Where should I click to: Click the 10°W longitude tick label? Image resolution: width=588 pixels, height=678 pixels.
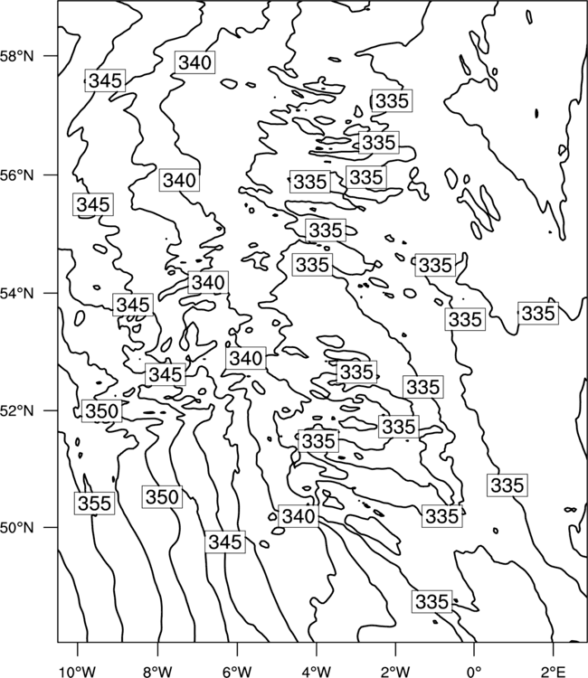(x=78, y=672)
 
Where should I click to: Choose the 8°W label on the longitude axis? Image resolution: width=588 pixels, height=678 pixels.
(x=157, y=672)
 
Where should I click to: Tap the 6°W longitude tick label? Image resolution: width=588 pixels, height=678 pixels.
(x=237, y=672)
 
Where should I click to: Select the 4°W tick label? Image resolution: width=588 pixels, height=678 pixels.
(x=317, y=672)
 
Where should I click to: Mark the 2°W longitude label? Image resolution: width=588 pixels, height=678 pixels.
(x=395, y=672)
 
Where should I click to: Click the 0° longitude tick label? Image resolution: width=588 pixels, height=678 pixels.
(x=474, y=672)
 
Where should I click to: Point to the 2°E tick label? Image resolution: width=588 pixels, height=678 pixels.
(x=554, y=672)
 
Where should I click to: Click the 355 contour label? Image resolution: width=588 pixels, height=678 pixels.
(x=95, y=503)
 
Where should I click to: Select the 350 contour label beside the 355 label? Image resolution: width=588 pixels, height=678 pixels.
(x=162, y=497)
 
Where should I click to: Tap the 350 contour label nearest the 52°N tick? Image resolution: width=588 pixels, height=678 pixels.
(x=101, y=410)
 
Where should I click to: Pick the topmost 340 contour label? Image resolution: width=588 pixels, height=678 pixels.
(x=195, y=62)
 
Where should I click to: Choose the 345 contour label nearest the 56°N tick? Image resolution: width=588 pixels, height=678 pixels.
(x=93, y=204)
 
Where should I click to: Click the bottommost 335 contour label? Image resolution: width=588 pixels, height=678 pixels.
(x=432, y=601)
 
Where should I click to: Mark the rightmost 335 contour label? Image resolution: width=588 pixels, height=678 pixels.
(x=538, y=313)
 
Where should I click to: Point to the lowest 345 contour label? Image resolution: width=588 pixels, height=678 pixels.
(x=225, y=541)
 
